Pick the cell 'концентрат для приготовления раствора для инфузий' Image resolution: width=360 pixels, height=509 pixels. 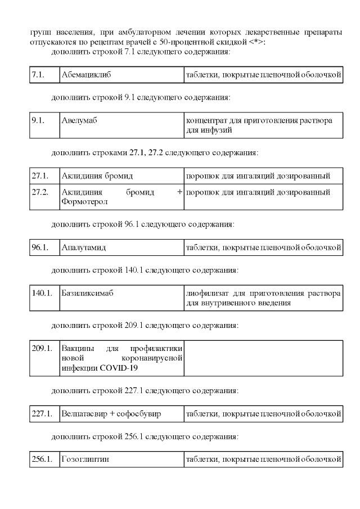point(263,125)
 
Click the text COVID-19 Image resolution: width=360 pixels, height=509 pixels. point(119,368)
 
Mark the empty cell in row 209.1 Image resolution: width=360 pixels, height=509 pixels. point(263,358)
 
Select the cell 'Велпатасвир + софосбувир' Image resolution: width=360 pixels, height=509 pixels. point(111,414)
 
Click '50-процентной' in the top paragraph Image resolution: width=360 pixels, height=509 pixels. point(214,42)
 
